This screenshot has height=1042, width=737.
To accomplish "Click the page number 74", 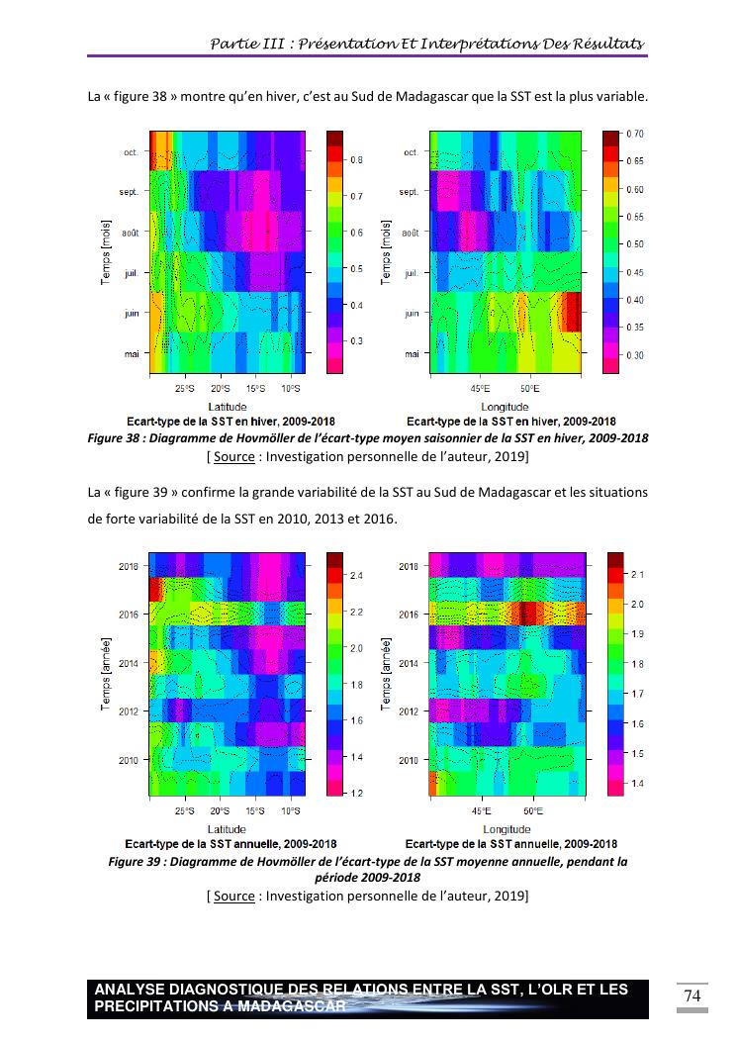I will pos(692,995).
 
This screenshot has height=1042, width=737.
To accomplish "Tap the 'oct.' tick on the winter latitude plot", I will pos(131,152).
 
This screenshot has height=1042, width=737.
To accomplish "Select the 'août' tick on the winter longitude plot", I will pos(408,234).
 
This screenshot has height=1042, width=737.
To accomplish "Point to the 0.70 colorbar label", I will pos(634,134).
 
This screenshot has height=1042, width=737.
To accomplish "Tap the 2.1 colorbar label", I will pos(637,575).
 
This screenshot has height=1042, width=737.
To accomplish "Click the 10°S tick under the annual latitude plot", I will pos(290,811).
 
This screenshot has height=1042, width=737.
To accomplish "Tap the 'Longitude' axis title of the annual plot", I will pos(506,829).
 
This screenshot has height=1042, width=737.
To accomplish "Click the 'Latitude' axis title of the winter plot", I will pos(227,407).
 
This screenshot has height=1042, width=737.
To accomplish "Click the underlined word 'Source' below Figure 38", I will pos(233,456).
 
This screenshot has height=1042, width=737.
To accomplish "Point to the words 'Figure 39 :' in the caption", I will pos(138,862).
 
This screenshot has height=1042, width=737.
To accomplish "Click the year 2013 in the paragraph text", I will pos(325,518).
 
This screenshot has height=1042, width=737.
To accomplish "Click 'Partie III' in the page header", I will pos(245,44).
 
